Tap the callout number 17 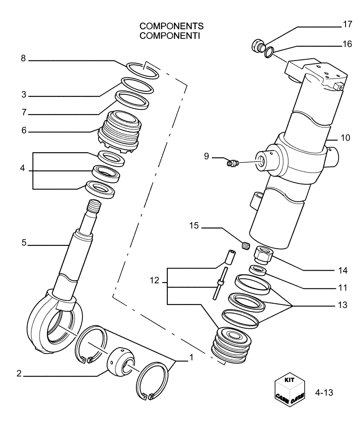(x=347, y=25)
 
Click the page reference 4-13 (x=324, y=393)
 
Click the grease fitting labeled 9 (x=232, y=162)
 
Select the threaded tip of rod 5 (x=95, y=207)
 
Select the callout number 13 (x=342, y=304)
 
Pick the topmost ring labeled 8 (x=143, y=70)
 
